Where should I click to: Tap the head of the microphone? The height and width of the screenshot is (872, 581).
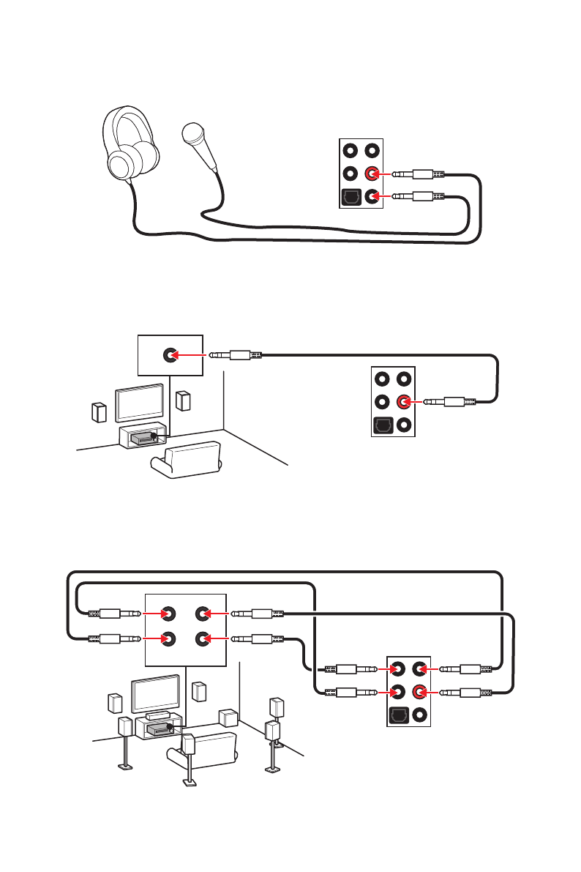193,134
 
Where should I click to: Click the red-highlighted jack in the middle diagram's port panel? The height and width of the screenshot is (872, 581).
404,401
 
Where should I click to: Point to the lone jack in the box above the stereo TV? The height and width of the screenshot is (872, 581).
170,355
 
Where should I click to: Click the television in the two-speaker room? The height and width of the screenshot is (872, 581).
140,400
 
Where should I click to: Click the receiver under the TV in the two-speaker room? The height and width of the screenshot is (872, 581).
143,437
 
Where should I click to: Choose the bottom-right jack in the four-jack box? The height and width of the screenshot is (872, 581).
203,638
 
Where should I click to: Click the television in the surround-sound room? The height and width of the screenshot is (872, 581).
154,692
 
